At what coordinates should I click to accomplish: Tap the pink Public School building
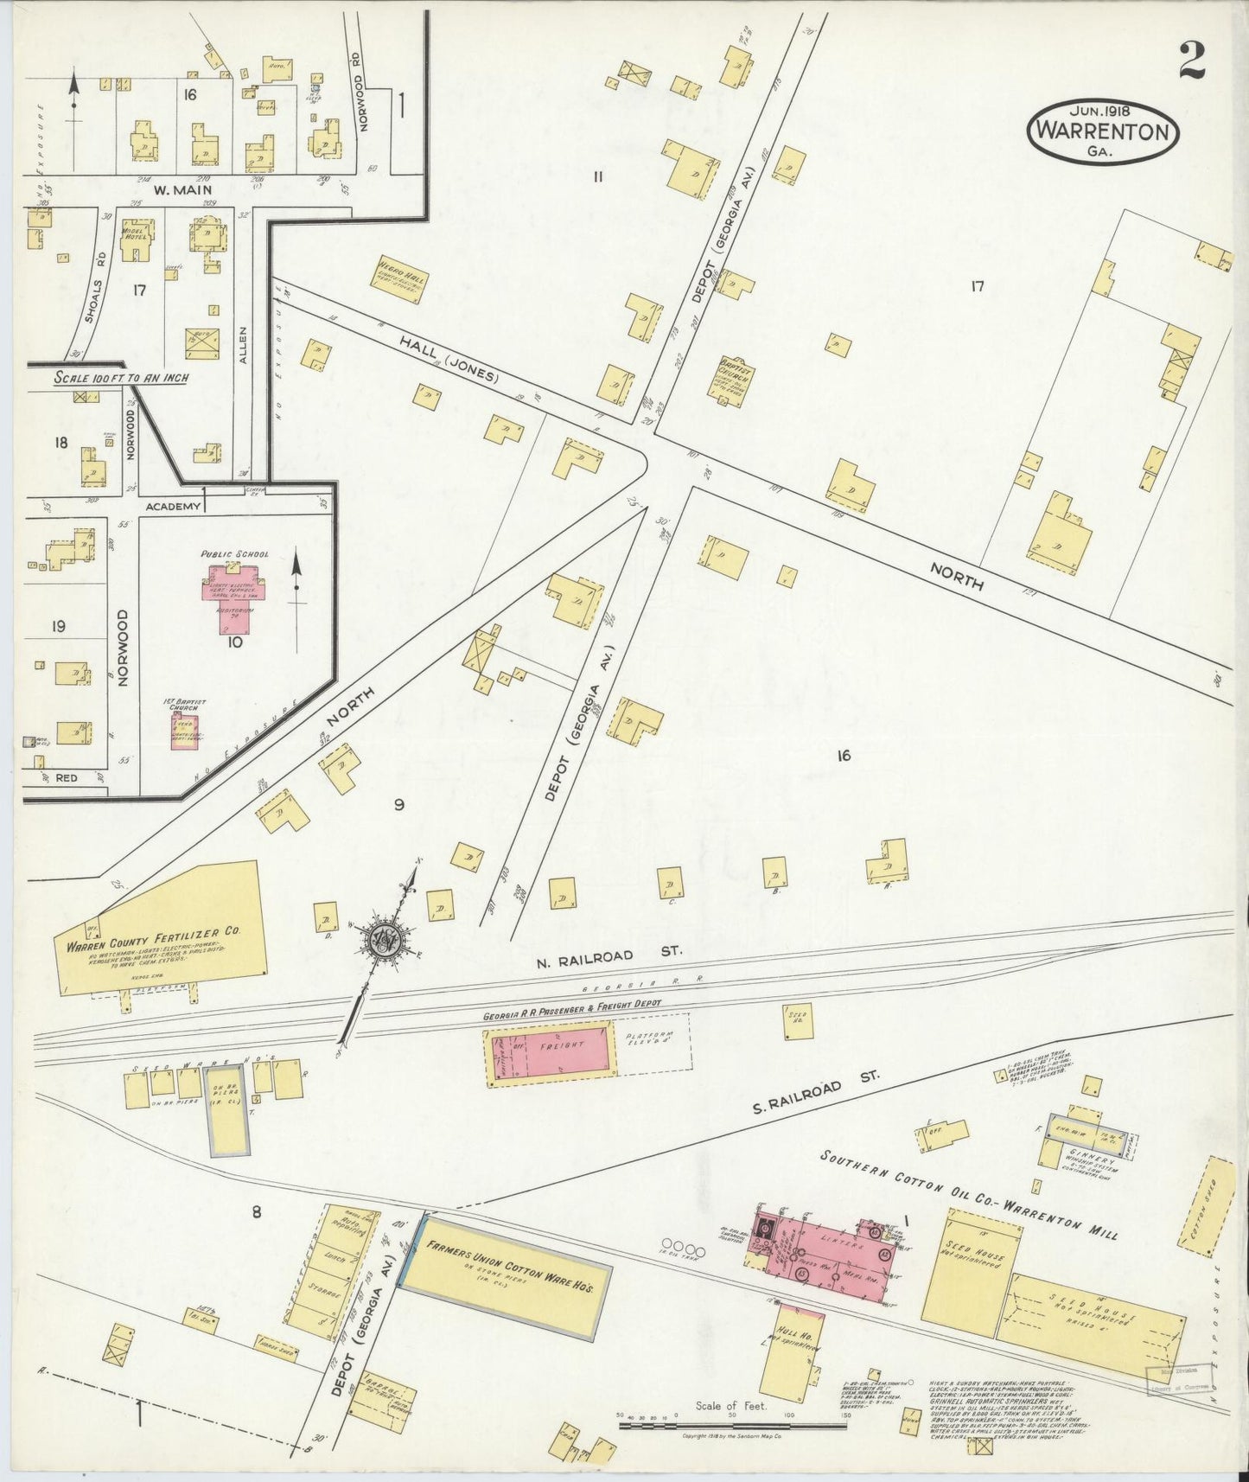click(x=234, y=589)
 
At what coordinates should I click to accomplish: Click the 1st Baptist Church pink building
click(x=183, y=731)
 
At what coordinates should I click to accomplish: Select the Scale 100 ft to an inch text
click(x=121, y=378)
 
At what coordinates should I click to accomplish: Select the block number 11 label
click(x=597, y=177)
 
